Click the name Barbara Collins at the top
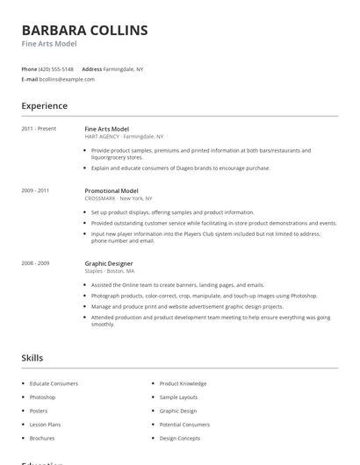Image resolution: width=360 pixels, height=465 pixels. (84, 31)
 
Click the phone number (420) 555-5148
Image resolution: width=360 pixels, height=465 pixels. (56, 68)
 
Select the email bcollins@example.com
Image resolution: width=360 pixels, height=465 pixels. (67, 79)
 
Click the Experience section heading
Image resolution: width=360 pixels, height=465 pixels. (45, 106)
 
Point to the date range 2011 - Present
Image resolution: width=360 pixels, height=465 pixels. (39, 129)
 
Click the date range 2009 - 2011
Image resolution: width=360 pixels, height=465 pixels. (35, 190)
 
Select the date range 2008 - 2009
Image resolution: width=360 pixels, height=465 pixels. (35, 263)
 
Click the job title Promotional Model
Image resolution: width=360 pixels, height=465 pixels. (112, 190)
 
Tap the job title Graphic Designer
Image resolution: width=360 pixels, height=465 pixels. (108, 263)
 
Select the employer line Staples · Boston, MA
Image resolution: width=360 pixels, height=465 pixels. (111, 271)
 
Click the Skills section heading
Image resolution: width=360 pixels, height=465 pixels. (32, 358)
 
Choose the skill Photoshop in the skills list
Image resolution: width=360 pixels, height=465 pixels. (42, 397)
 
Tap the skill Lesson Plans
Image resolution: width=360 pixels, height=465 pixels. (44, 424)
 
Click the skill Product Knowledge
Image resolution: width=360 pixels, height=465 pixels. (183, 383)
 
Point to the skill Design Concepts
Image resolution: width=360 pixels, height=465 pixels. (180, 438)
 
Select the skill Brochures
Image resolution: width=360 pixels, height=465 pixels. (42, 438)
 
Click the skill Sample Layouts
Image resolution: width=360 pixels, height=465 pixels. (179, 397)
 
